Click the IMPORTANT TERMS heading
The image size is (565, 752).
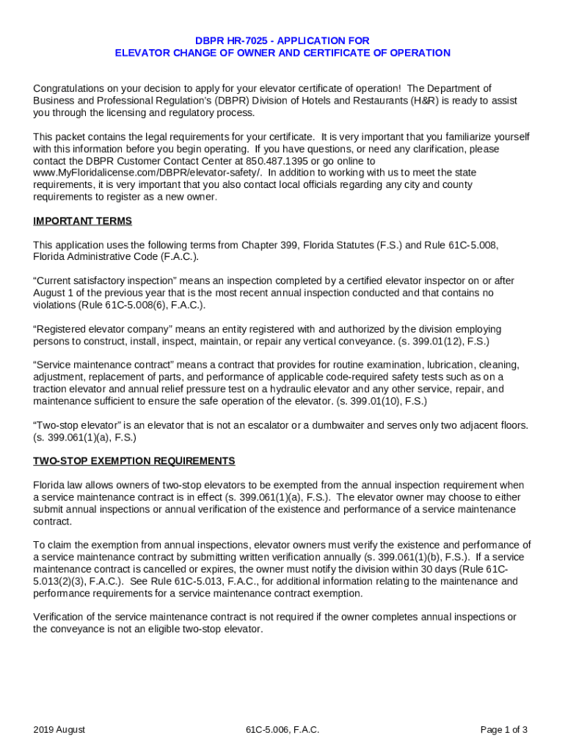(x=82, y=221)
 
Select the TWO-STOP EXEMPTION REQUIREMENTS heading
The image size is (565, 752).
(x=134, y=461)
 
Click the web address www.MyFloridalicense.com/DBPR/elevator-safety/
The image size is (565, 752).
(x=147, y=173)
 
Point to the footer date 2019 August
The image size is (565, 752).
(x=59, y=729)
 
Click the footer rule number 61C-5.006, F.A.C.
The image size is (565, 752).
(x=282, y=729)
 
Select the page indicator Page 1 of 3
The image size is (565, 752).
(x=503, y=729)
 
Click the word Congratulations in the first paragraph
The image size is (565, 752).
(x=69, y=88)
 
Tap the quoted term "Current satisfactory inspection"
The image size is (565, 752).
(x=103, y=281)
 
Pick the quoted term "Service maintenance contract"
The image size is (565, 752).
(x=102, y=365)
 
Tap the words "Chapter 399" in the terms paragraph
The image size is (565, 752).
(x=271, y=245)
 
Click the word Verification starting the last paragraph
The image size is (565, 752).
(x=61, y=617)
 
